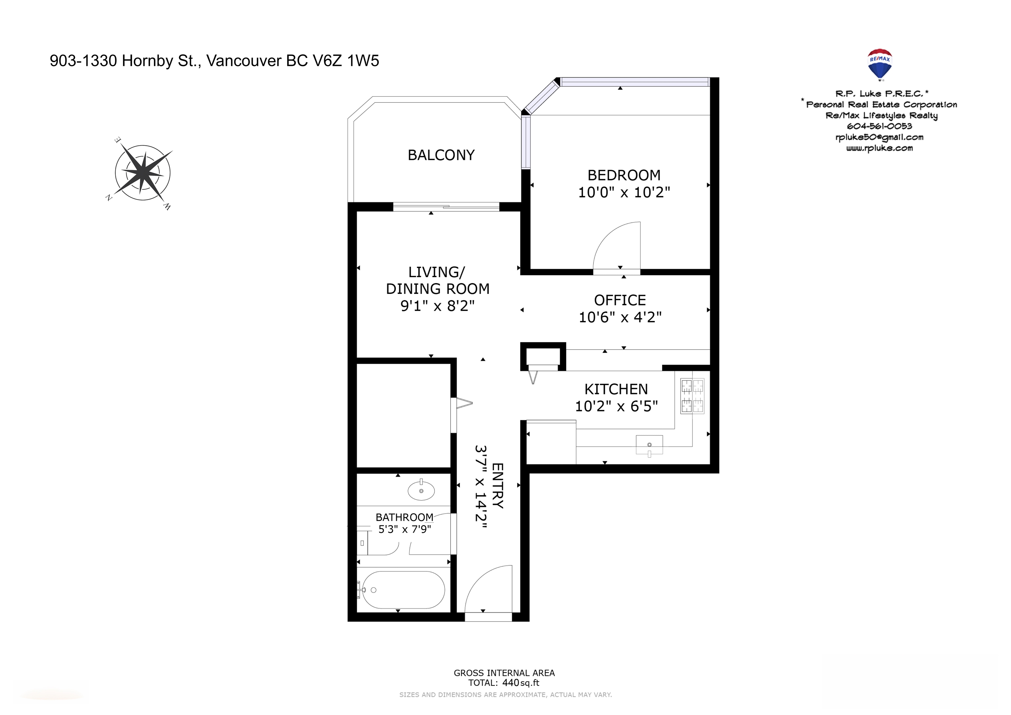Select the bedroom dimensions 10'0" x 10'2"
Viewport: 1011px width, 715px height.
click(624, 192)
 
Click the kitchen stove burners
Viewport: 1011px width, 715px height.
click(692, 396)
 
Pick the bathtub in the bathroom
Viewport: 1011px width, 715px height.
click(402, 590)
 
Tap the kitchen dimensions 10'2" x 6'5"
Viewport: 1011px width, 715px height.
click(616, 406)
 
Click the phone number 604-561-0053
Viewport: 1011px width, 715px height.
click(879, 126)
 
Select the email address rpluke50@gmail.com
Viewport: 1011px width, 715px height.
click(879, 137)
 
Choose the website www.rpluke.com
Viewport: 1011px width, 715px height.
click(879, 148)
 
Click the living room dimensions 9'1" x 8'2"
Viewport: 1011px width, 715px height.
click(437, 305)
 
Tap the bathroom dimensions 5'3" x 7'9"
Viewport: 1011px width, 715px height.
click(405, 529)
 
